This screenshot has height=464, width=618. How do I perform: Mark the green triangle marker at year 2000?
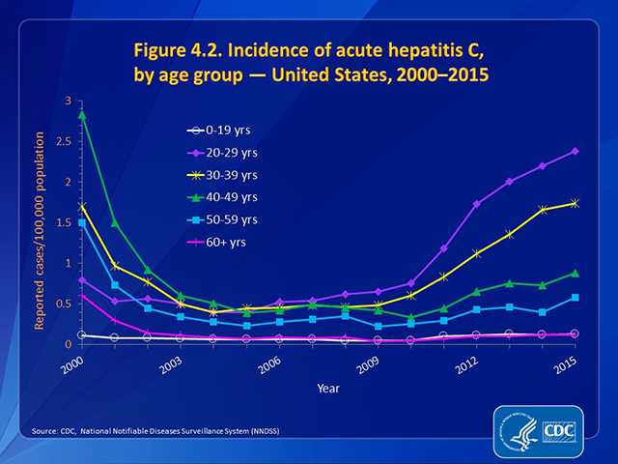[83, 114]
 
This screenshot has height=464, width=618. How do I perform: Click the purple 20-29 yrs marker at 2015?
[575, 151]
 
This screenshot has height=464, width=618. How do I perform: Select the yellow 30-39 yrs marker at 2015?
[575, 203]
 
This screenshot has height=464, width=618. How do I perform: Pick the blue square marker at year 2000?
[83, 223]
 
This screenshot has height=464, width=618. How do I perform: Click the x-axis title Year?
[327, 388]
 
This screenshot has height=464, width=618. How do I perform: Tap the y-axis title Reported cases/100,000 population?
[42, 222]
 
